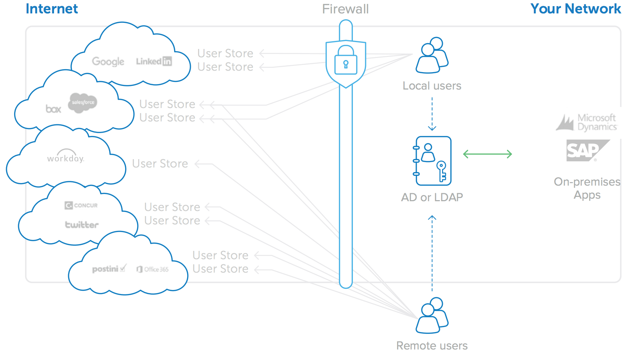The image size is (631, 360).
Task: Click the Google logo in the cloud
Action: click(x=108, y=62)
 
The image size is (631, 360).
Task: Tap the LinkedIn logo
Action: click(x=154, y=61)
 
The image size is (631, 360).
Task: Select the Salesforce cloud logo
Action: click(x=83, y=103)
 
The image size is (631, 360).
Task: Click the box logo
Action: click(x=53, y=109)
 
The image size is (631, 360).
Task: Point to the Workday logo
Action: click(x=66, y=157)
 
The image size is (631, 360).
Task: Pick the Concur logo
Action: click(x=81, y=206)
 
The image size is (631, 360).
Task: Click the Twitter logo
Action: click(x=82, y=225)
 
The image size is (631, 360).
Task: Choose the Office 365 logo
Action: click(x=153, y=269)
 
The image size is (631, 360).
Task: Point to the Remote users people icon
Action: click(x=432, y=315)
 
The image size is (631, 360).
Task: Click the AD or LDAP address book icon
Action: click(x=432, y=161)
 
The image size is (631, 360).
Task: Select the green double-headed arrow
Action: click(x=487, y=154)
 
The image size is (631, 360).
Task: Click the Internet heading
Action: click(x=52, y=9)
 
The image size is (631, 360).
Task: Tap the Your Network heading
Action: click(x=576, y=9)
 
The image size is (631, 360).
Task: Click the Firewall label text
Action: click(x=345, y=9)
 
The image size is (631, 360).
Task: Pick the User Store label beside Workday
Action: click(x=160, y=164)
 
